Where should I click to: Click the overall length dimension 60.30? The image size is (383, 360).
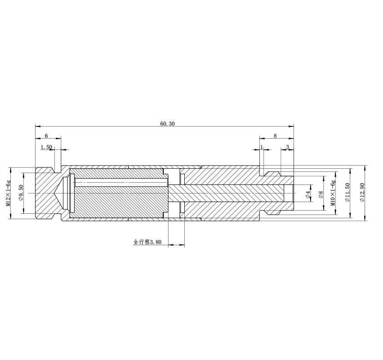click(x=167, y=124)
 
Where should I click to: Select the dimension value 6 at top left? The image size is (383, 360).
click(x=46, y=136)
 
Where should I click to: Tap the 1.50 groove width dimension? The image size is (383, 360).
click(x=46, y=147)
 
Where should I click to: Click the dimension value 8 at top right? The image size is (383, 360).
click(x=275, y=136)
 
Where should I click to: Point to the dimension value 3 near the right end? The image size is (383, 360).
click(x=288, y=147)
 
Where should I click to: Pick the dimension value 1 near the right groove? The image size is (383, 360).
click(x=262, y=147)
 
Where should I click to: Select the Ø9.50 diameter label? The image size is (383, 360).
click(x=21, y=193)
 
